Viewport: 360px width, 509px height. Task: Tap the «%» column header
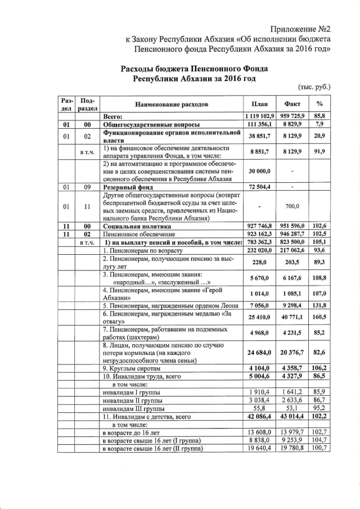319,104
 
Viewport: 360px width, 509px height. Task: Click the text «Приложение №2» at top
300,29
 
